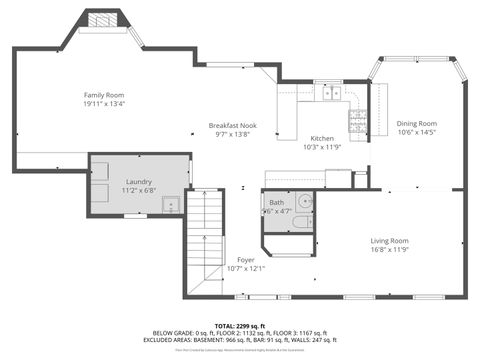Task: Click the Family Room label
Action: (x=103, y=94)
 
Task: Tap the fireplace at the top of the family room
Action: (x=101, y=20)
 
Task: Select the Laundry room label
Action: (x=139, y=180)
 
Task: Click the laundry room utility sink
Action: (x=171, y=205)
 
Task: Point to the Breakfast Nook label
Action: (x=232, y=125)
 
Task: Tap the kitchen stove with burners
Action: (x=356, y=121)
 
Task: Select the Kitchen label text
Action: (x=322, y=138)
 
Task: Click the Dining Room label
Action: (x=417, y=123)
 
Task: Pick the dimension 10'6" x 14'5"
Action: (x=417, y=132)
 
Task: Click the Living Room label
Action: (x=390, y=240)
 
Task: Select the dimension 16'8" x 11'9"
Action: (x=390, y=249)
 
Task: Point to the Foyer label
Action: (x=246, y=260)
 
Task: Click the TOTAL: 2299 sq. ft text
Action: (x=239, y=326)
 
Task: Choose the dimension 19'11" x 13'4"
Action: (x=103, y=103)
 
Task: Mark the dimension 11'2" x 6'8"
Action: (x=139, y=189)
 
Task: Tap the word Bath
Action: (x=276, y=203)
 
